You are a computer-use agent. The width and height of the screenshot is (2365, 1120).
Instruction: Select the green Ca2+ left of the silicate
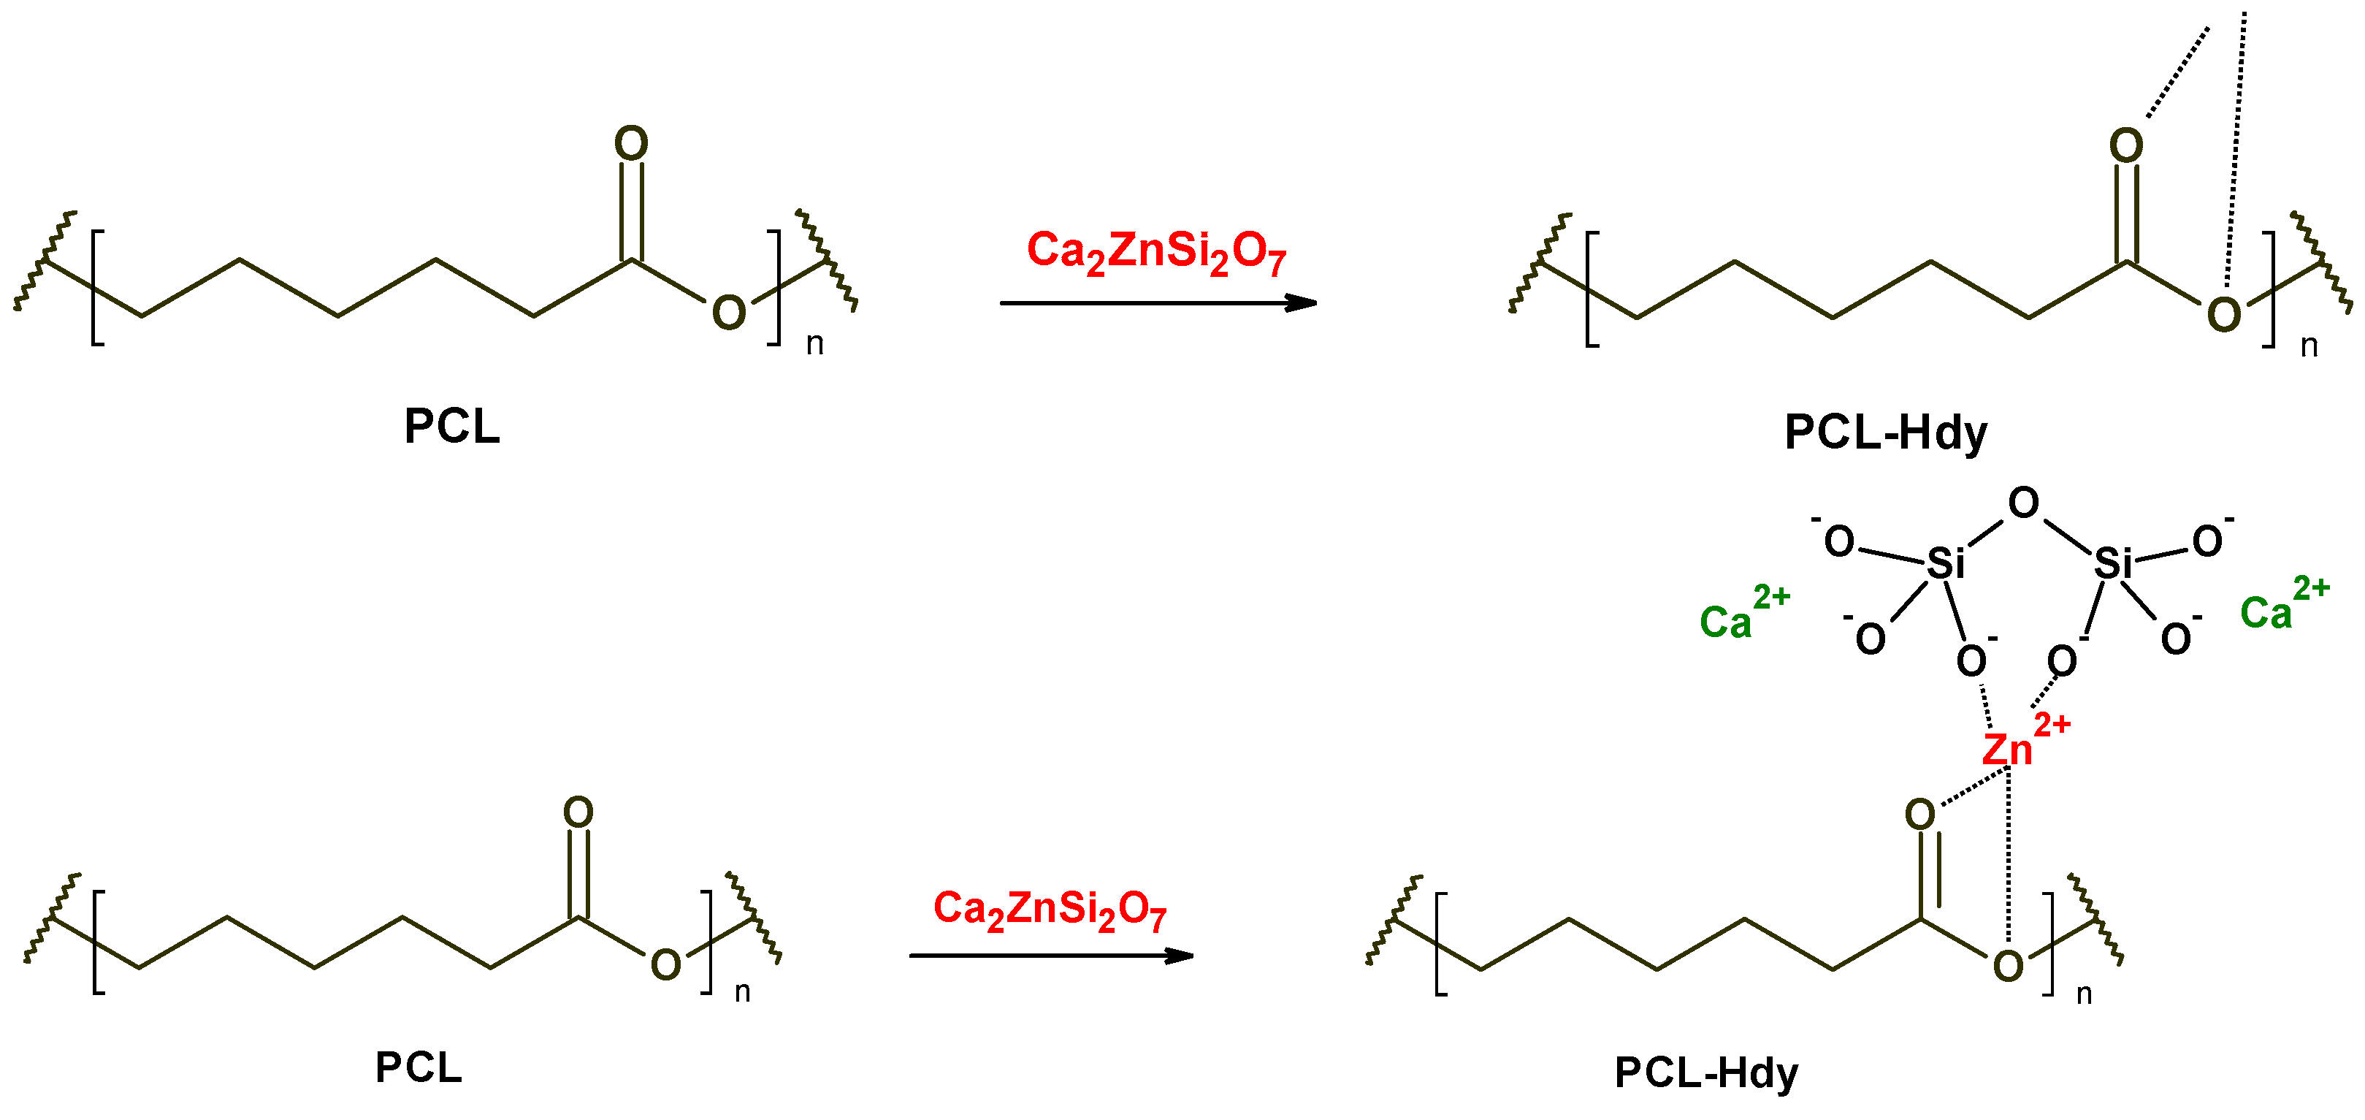coord(1742,614)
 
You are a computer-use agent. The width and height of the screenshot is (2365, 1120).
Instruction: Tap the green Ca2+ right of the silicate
coord(2282,605)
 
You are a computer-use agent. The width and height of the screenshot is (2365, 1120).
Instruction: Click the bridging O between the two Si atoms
coord(2023,503)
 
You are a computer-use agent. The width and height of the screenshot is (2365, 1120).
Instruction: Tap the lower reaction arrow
coord(1050,956)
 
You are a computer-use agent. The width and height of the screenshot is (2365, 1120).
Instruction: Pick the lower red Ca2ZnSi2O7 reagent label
coord(1050,909)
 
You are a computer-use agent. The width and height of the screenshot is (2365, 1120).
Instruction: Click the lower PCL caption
coord(419,1067)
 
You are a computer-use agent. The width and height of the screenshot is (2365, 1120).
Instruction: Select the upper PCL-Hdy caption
coord(1886,433)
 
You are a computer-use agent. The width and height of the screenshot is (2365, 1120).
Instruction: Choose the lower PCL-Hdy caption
coord(1705,1073)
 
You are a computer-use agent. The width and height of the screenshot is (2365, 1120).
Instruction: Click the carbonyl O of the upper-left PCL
coord(631,143)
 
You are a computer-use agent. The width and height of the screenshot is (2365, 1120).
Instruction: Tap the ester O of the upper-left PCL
coord(729,313)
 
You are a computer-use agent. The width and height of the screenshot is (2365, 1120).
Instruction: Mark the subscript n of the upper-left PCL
coord(814,344)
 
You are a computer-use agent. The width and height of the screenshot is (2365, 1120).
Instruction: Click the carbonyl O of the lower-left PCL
coord(578,812)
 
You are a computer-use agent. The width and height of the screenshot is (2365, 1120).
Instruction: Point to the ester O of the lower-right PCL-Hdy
coord(2008,966)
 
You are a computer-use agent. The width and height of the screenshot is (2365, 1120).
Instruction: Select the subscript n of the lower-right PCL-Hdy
coord(2084,994)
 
